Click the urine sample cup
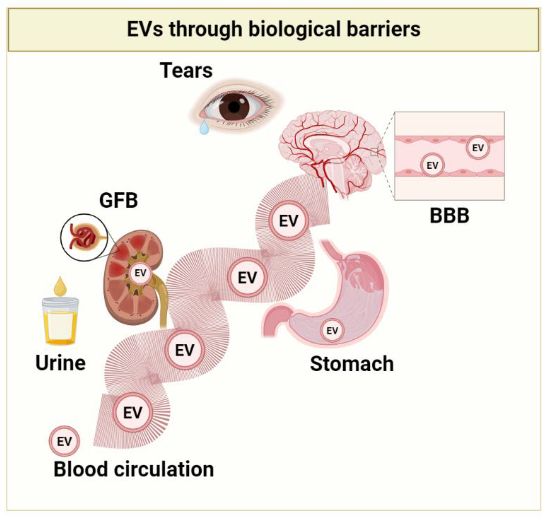[x=60, y=321]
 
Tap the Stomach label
[x=352, y=364]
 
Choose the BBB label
[x=449, y=216]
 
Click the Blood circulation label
[x=134, y=470]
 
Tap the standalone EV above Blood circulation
[x=64, y=441]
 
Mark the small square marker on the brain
[x=374, y=152]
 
